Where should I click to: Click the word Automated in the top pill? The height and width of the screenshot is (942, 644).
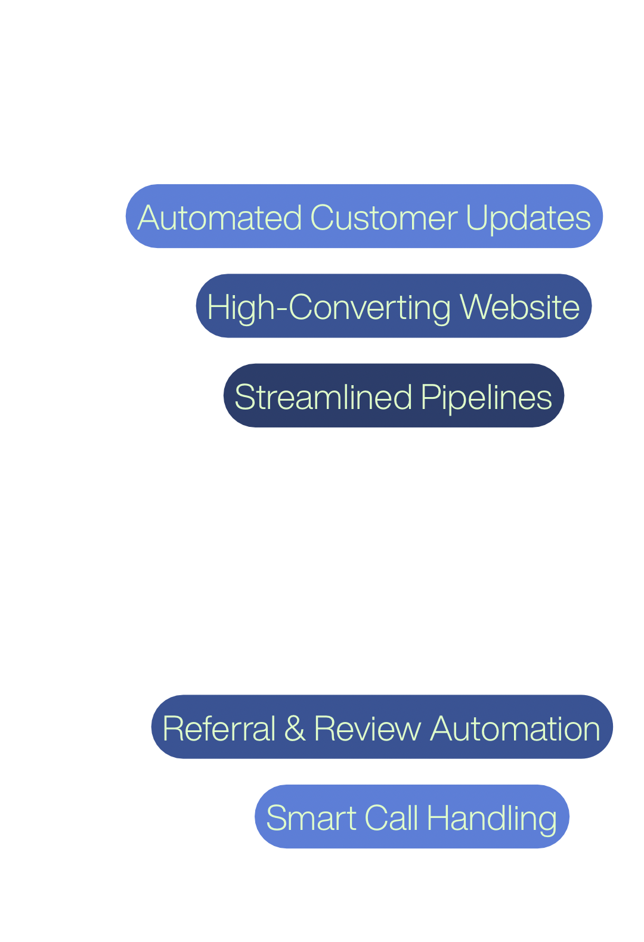click(x=219, y=218)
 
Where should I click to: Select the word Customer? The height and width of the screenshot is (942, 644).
click(x=384, y=218)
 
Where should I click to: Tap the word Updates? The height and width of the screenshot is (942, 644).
click(x=528, y=218)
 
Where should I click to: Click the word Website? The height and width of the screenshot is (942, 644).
click(x=520, y=308)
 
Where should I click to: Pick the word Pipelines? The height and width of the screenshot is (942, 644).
click(x=487, y=397)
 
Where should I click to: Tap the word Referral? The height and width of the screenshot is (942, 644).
click(x=219, y=729)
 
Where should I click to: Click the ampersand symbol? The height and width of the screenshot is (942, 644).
click(x=295, y=729)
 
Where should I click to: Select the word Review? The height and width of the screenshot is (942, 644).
click(x=367, y=729)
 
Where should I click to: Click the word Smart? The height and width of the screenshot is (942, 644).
click(x=311, y=818)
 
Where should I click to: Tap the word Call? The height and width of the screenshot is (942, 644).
click(x=391, y=818)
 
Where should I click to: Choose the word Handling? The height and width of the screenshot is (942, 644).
click(x=492, y=818)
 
